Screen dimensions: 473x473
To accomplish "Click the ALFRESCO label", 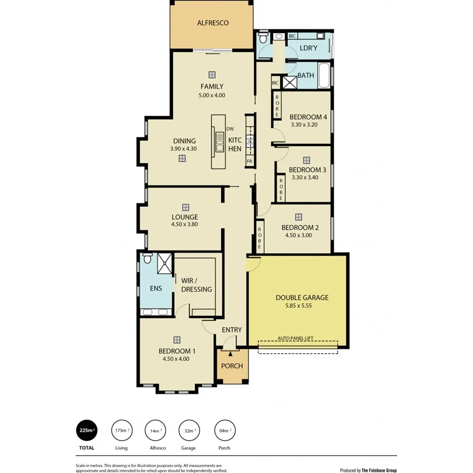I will [x=212, y=23].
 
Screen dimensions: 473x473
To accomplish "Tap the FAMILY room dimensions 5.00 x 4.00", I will [x=211, y=95].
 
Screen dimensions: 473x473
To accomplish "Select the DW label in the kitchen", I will [x=230, y=129].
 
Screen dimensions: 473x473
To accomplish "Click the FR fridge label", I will [x=249, y=161].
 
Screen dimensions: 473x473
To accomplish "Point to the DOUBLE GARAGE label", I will [x=302, y=297].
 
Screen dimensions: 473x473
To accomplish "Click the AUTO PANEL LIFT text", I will [x=297, y=339].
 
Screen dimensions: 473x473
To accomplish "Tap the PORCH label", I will [x=232, y=366].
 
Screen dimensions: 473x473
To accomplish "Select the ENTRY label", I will [x=232, y=330].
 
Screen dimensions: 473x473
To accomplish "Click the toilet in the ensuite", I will [x=148, y=259].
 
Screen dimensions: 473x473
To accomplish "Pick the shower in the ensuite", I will [x=164, y=263].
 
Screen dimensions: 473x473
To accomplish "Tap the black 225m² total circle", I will [x=87, y=430].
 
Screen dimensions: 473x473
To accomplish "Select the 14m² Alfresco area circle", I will [x=155, y=430].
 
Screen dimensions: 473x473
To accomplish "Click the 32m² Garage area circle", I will [x=189, y=430].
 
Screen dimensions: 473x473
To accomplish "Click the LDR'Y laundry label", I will [x=308, y=48].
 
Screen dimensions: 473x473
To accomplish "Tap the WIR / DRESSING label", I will [x=196, y=285].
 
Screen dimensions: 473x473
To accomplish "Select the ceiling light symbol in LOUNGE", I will [x=185, y=207].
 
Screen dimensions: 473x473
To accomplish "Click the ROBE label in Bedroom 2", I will [x=260, y=237].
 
